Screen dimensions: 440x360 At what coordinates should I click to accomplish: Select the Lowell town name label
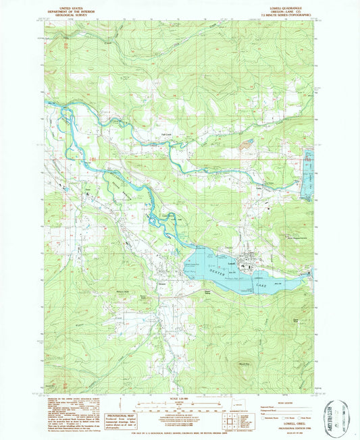tap(230, 262)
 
